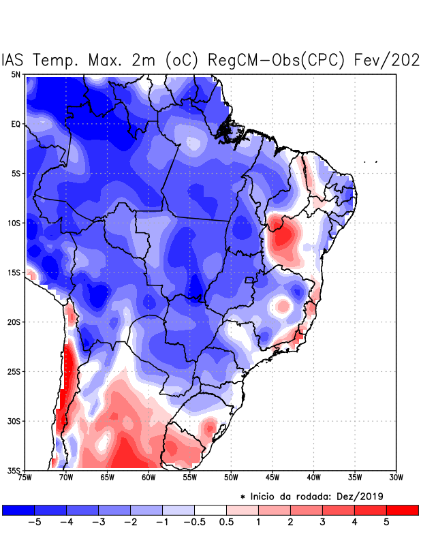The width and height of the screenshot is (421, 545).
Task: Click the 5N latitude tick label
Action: coord(15,75)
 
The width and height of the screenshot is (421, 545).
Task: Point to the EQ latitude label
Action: coord(16,125)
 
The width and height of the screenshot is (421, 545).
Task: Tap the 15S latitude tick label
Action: coord(14,273)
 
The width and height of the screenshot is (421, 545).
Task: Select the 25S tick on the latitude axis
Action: coord(14,372)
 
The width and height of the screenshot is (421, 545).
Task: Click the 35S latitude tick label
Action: coord(14,471)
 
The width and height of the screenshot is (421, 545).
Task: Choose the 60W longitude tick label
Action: coord(148,478)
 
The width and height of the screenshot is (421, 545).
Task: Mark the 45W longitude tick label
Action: coord(272,478)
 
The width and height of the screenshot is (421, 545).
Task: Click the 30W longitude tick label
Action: coord(396,478)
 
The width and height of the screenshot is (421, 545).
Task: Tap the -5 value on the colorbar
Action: coord(34,523)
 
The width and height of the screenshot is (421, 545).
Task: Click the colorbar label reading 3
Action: coord(322,523)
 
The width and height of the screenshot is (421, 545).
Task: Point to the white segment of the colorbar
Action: coord(210,510)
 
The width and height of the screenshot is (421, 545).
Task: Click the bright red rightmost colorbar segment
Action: coord(402,510)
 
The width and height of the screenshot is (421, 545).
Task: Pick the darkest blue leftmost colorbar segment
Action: coord(18,510)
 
